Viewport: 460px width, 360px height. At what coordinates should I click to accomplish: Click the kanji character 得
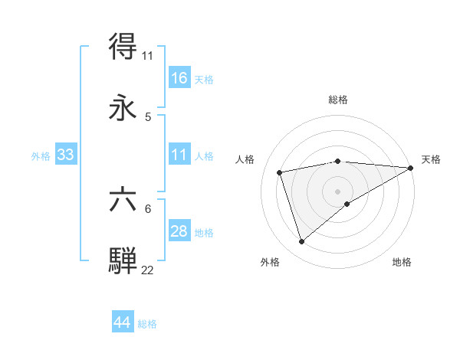123,47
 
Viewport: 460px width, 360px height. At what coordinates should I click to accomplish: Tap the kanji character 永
123,108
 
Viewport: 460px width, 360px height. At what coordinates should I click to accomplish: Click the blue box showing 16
179,78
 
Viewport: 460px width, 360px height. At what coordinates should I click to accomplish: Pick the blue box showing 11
179,155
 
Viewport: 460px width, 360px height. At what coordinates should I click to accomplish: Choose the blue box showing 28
179,231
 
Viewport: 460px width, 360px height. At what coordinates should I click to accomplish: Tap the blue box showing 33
66,155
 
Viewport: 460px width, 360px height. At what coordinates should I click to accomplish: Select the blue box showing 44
123,322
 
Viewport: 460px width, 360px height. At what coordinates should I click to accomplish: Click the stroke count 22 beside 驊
148,269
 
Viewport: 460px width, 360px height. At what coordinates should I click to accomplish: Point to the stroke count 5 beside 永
148,117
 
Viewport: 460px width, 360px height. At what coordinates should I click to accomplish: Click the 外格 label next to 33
41,155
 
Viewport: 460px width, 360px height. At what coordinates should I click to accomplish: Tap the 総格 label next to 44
147,323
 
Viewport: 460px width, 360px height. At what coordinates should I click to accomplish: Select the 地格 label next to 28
204,232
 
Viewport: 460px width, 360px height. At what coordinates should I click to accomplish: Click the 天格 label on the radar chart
431,159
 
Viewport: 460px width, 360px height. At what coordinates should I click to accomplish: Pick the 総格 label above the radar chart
338,100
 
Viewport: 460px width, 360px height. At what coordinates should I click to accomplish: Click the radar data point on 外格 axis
301,242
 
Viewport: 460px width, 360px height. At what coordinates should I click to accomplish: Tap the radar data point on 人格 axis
280,172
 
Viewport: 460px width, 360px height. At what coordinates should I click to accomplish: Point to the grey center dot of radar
337,190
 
